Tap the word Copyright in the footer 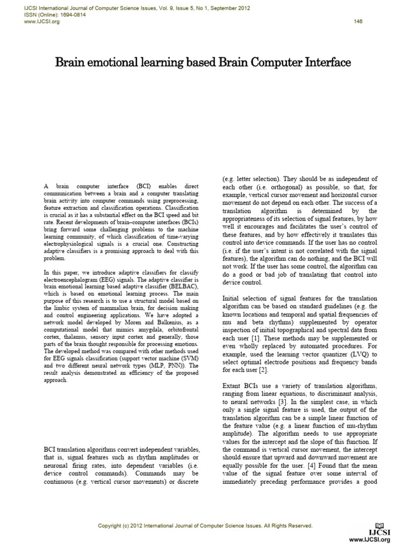(111, 526)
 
